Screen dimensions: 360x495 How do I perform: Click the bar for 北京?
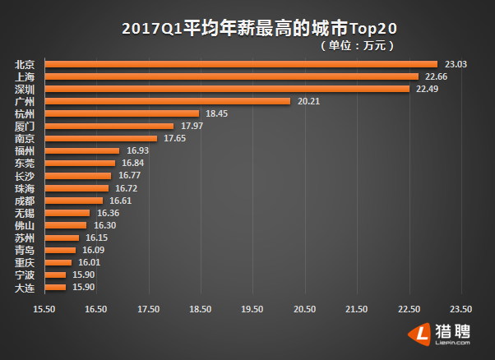(240, 64)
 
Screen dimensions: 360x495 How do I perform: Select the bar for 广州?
(167, 101)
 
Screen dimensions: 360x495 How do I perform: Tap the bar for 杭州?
(122, 113)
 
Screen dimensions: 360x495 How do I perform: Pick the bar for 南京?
(100, 138)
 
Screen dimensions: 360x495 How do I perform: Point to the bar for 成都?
(73, 200)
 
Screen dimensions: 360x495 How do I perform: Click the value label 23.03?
(456, 64)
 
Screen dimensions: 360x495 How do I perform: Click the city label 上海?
(25, 76)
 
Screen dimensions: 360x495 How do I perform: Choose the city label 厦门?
(25, 126)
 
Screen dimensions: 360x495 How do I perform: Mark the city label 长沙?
(25, 175)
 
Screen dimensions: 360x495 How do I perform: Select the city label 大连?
(25, 287)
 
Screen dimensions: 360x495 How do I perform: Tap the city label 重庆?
(25, 262)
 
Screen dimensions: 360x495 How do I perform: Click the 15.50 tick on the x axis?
(44, 309)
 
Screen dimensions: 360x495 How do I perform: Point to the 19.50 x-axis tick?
(252, 309)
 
